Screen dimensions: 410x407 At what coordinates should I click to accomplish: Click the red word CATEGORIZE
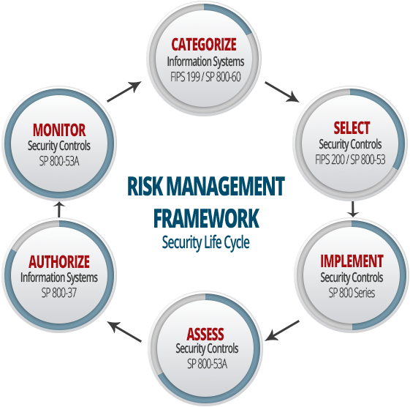click(x=204, y=44)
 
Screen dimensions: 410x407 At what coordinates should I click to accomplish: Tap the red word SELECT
click(x=352, y=127)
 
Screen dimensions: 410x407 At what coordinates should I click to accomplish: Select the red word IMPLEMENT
click(x=352, y=261)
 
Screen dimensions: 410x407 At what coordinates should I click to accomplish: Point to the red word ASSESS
click(x=205, y=334)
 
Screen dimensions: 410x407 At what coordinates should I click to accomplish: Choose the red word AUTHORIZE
click(x=59, y=261)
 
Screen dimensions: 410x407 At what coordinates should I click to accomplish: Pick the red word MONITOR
click(x=59, y=130)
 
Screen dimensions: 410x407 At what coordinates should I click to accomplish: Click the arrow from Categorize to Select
click(x=282, y=92)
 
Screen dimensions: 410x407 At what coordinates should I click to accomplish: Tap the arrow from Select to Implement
click(x=353, y=209)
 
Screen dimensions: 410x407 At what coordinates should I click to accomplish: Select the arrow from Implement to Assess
click(x=282, y=331)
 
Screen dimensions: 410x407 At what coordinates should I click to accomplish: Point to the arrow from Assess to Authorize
click(x=125, y=332)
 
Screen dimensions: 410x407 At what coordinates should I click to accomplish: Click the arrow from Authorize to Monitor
click(x=59, y=209)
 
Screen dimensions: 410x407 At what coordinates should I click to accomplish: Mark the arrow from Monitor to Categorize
click(x=124, y=92)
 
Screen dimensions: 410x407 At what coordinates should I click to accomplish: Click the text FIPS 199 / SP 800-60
click(x=205, y=77)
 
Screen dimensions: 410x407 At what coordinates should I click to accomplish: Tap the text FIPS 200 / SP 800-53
click(x=350, y=160)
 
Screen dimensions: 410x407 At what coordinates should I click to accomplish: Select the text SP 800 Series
click(x=352, y=293)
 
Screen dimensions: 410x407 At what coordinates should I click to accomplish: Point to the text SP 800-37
click(x=59, y=293)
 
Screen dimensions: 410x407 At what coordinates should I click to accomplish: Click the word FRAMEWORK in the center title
click(x=206, y=218)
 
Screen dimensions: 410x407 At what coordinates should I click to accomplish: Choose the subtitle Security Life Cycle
click(x=206, y=242)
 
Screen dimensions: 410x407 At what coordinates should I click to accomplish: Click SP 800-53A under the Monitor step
click(x=59, y=161)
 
